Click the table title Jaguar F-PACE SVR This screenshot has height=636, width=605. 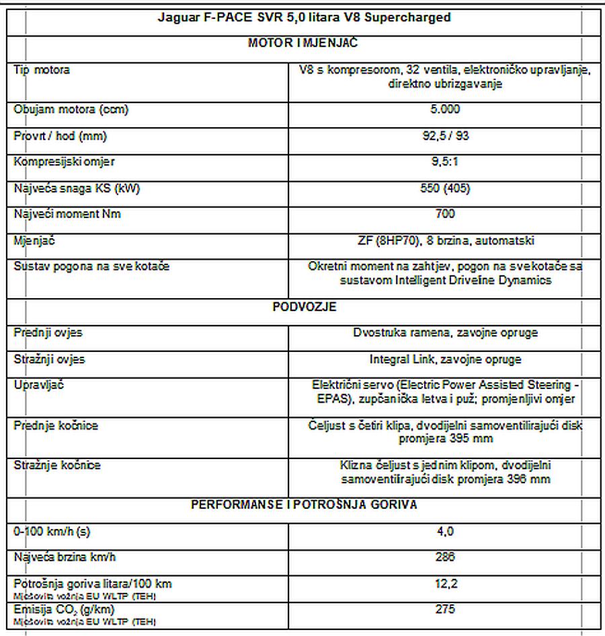304,17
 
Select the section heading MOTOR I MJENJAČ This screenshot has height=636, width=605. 303,43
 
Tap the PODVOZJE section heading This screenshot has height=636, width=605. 304,307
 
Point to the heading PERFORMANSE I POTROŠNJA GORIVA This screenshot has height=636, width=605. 304,505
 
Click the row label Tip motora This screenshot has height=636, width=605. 42,69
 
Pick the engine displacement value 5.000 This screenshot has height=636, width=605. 445,109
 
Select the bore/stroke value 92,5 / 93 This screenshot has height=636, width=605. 445,136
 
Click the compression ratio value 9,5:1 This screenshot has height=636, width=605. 445,162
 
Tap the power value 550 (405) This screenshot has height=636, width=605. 445,188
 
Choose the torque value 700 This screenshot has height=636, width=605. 445,214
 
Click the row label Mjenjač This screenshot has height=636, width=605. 34,240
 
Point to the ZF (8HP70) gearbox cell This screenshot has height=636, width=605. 445,240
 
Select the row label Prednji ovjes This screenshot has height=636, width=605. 48,332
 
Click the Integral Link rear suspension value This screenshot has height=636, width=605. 445,359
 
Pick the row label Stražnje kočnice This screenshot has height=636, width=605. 57,465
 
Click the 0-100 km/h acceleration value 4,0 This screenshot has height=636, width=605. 445,531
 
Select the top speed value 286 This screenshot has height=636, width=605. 445,557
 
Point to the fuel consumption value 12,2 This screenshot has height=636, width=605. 445,584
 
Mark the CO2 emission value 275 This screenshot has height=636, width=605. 445,609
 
